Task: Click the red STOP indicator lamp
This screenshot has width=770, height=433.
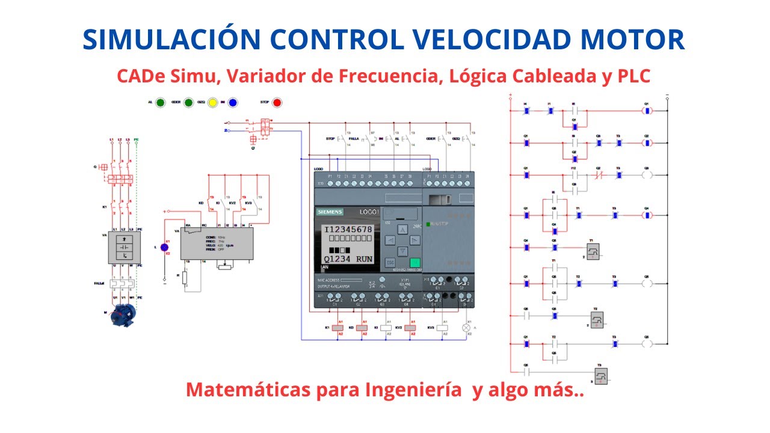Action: coord(277,103)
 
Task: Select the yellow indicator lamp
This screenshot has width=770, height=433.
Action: coord(212,103)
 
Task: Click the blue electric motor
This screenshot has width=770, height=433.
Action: coord(124,315)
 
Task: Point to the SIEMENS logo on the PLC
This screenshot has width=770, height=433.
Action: coord(330,212)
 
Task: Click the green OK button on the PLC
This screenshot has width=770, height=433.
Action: coord(414,262)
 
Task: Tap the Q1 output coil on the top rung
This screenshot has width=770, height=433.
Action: coord(647,111)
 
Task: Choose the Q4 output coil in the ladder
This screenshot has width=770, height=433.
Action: coord(647,214)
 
